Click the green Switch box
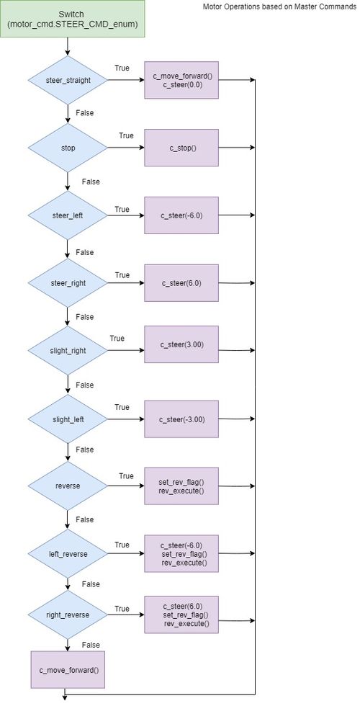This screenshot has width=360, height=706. (72, 19)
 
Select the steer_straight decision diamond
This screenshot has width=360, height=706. (68, 80)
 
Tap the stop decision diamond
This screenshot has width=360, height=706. (68, 148)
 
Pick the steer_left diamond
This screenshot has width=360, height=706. (68, 215)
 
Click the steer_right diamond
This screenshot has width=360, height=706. (68, 282)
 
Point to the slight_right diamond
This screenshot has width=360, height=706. (68, 350)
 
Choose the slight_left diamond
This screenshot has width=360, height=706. (68, 419)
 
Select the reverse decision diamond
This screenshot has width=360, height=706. (68, 486)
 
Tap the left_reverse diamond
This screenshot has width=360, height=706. (68, 554)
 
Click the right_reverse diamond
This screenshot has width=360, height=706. (68, 615)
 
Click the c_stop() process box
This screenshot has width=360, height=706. (181, 148)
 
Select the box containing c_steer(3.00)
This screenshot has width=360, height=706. (181, 344)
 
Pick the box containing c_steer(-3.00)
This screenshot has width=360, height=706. (181, 419)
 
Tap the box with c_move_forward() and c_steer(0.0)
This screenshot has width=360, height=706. (181, 80)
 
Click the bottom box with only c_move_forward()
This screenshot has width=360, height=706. (68, 669)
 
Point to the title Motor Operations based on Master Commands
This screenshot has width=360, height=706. (279, 6)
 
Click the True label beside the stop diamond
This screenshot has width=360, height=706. (126, 135)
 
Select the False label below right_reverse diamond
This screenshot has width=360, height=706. (91, 645)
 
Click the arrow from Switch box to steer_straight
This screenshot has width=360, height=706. (68, 46)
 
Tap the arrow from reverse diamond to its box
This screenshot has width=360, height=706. (126, 486)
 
